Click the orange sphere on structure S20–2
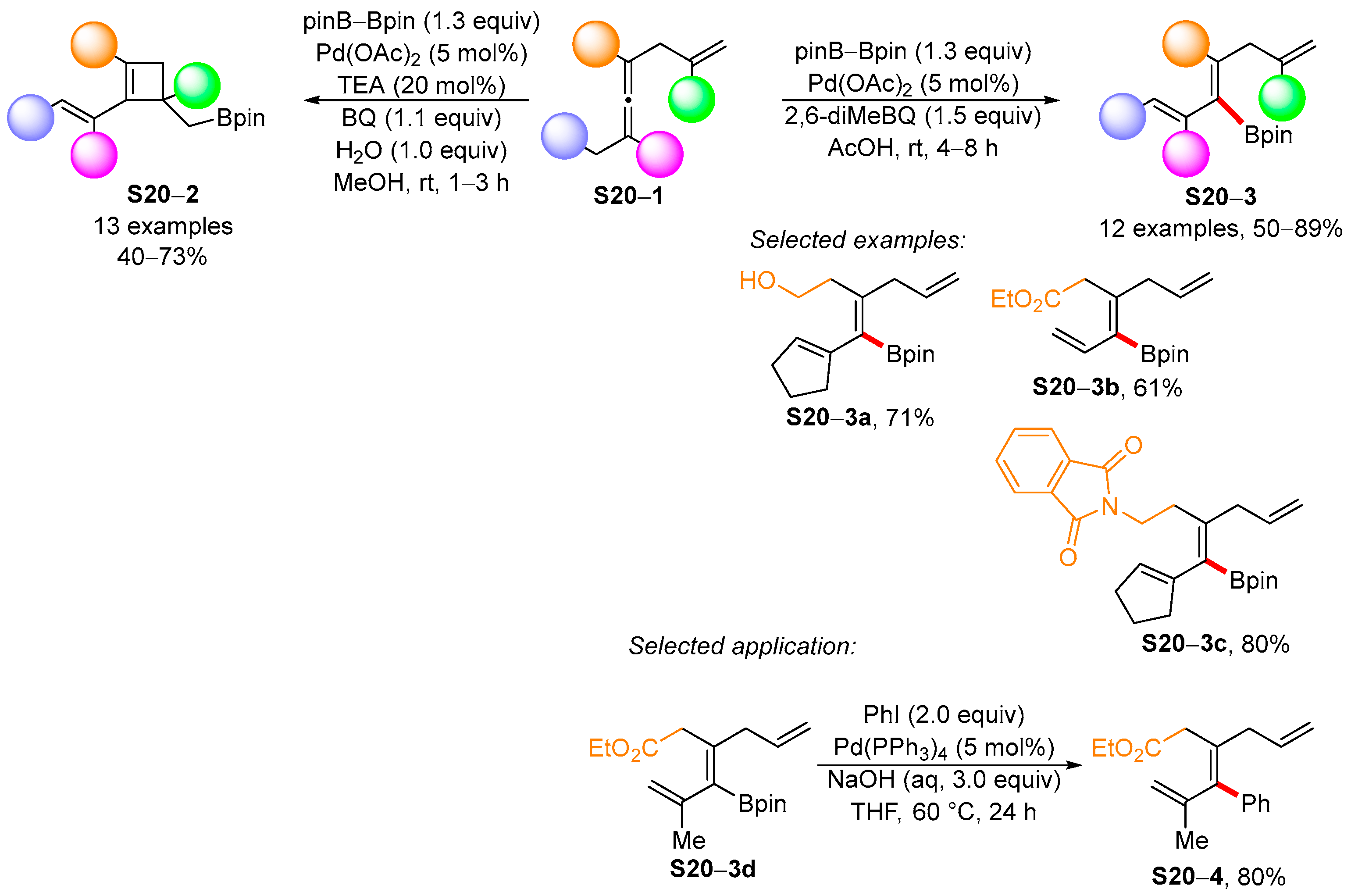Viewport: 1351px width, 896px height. pos(94,45)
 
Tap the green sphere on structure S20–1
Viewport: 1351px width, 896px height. pos(691,100)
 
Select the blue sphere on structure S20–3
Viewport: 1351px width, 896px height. pos(1123,117)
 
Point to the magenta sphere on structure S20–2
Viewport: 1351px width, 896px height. pos(94,155)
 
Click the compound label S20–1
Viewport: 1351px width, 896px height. pos(628,196)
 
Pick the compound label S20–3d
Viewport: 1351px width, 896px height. pos(713,869)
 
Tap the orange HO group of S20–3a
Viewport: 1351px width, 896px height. pos(757,281)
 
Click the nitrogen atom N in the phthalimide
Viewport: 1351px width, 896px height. pos(1109,506)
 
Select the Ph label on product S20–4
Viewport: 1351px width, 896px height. pos(1255,804)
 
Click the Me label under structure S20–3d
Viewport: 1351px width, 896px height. pos(688,840)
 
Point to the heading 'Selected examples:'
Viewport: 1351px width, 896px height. pos(857,240)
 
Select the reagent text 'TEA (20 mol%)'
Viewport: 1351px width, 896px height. pos(421,85)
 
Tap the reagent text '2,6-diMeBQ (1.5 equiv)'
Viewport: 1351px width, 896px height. pos(912,116)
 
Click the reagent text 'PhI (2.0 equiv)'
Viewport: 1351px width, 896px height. pos(943,714)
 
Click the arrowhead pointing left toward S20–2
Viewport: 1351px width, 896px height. pos(311,100)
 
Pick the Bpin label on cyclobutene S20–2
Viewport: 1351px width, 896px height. pos(240,118)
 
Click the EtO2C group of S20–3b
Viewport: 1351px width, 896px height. pos(1025,300)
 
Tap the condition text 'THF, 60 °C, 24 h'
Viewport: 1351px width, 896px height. pos(943,811)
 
